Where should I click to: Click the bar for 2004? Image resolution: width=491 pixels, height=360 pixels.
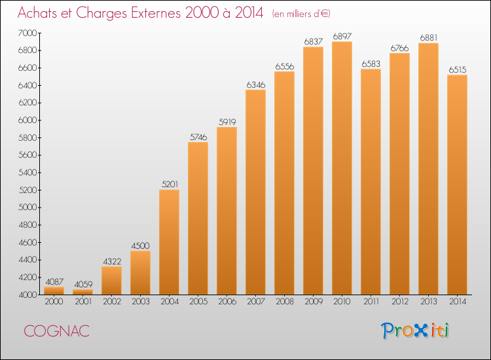pyautogui.click(x=169, y=242)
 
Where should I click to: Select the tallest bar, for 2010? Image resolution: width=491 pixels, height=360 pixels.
pyautogui.click(x=342, y=168)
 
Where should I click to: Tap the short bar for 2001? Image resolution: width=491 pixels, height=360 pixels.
pyautogui.click(x=82, y=292)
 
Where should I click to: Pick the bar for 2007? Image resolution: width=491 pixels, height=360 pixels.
pyautogui.click(x=255, y=192)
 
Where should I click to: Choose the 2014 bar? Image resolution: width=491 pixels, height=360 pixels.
pyautogui.click(x=457, y=185)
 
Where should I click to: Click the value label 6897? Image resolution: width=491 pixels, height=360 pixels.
pyautogui.click(x=342, y=36)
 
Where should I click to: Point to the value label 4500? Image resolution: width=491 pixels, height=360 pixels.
pyautogui.click(x=140, y=245)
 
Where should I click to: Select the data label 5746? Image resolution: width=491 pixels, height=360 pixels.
pyautogui.click(x=198, y=137)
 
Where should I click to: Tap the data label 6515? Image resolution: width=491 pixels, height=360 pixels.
pyautogui.click(x=458, y=69)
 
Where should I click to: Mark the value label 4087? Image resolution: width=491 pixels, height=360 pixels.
pyautogui.click(x=54, y=281)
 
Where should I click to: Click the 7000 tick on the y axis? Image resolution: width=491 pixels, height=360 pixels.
pyautogui.click(x=27, y=33)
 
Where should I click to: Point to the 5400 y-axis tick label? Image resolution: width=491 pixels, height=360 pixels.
pyautogui.click(x=27, y=173)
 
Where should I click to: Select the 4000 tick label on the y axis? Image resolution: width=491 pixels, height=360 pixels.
pyautogui.click(x=27, y=295)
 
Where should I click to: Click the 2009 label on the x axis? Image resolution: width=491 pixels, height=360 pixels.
pyautogui.click(x=313, y=302)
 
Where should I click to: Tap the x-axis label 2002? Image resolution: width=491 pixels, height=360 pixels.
pyautogui.click(x=112, y=302)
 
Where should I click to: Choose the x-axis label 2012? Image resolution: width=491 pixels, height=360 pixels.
pyautogui.click(x=400, y=302)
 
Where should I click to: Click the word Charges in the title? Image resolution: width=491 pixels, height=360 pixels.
pyautogui.click(x=101, y=14)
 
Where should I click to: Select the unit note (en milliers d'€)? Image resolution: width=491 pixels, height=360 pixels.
pyautogui.click(x=301, y=14)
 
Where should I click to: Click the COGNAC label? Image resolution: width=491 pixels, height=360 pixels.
pyautogui.click(x=57, y=331)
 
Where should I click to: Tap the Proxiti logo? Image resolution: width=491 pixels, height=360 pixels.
pyautogui.click(x=415, y=331)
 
